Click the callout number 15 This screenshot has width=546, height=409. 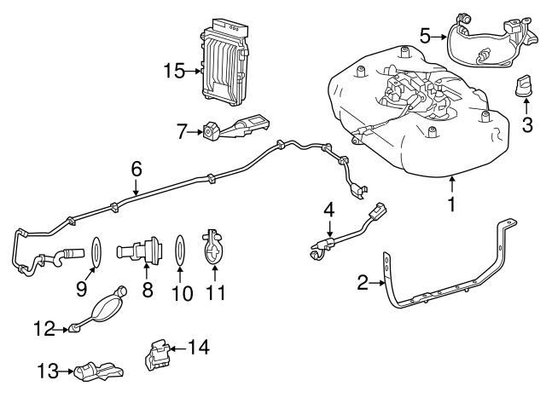[x=174, y=71]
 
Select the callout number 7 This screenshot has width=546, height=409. [x=181, y=132]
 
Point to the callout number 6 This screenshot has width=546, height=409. [x=136, y=170]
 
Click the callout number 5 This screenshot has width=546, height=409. [x=426, y=36]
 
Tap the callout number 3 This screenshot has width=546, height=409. [x=527, y=126]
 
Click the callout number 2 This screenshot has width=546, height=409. [x=362, y=282]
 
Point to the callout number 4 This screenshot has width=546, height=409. [x=328, y=209]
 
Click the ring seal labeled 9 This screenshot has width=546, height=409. [x=99, y=252]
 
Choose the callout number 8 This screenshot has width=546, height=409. [x=148, y=290]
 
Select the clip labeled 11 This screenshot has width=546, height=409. [x=214, y=247]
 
